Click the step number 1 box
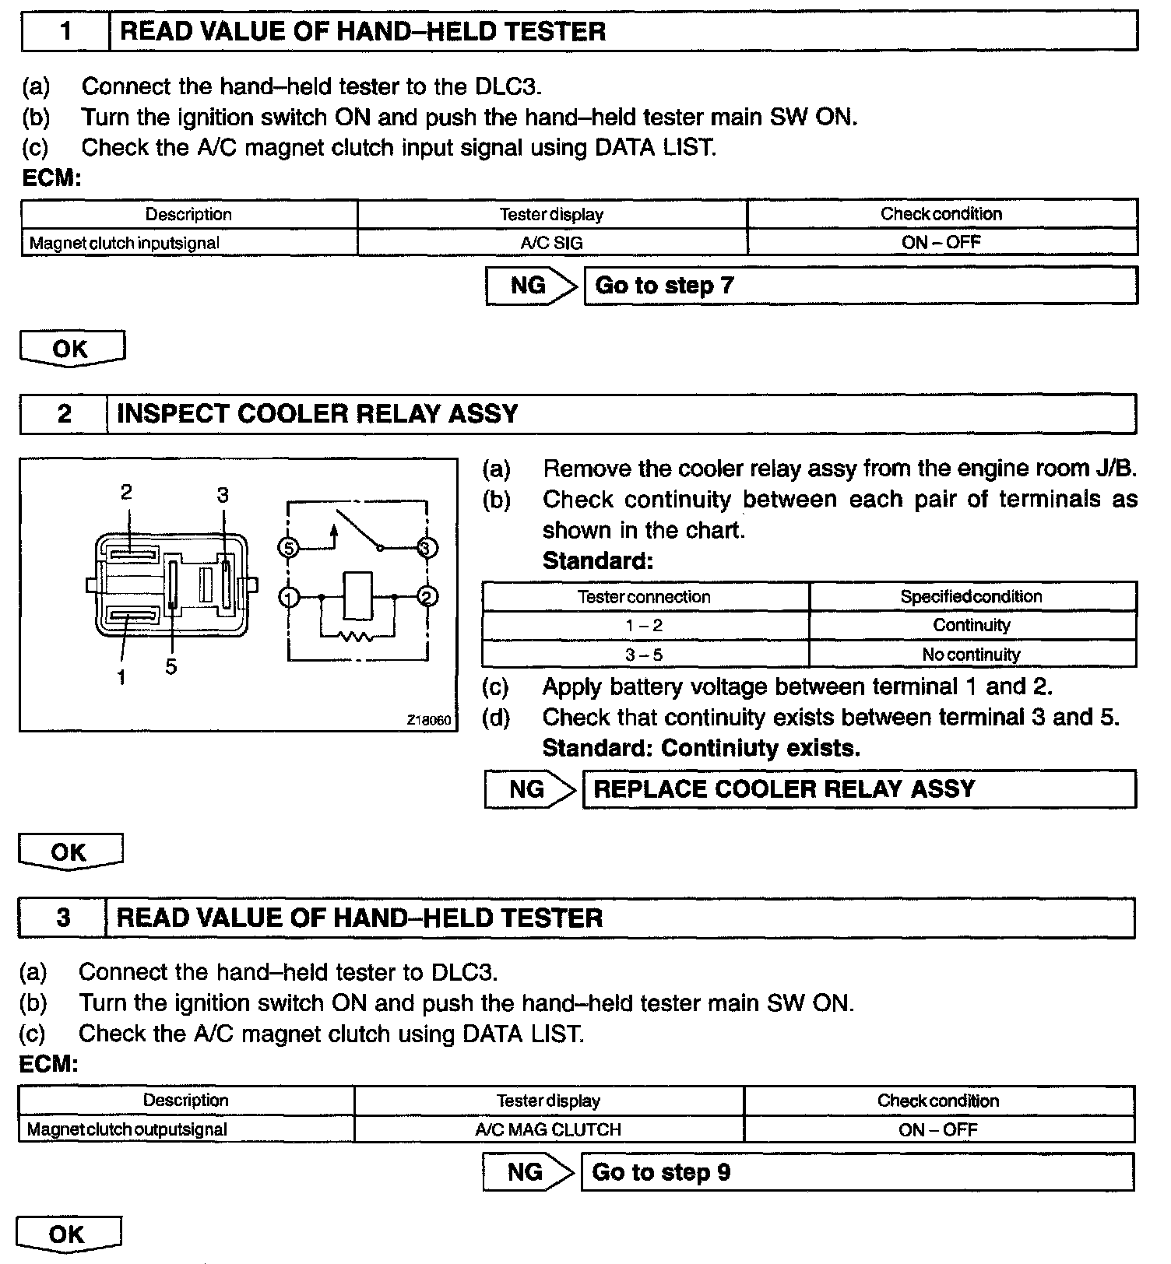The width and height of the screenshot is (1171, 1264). point(65,32)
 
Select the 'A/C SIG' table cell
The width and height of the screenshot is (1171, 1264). point(551,243)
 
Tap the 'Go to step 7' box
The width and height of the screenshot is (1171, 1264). point(860,286)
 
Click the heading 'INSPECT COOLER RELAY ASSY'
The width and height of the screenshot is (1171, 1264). point(317,413)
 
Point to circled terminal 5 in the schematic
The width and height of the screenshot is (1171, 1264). point(288,548)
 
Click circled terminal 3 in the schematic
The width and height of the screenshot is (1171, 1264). point(425,548)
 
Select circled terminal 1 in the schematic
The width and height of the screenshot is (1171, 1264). point(289,598)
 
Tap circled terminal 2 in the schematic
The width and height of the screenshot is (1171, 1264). point(427,597)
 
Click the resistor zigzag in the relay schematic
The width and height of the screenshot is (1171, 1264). point(357,637)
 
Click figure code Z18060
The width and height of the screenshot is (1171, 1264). point(428,720)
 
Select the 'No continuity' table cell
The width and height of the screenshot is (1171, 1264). point(971,655)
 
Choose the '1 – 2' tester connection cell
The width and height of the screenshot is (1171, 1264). point(644,626)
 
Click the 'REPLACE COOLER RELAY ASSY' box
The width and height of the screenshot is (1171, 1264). point(858,789)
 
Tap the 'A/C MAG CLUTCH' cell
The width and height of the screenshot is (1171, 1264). point(548,1129)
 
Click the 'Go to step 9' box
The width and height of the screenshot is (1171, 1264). point(856,1172)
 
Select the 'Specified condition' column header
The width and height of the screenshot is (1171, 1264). point(971,597)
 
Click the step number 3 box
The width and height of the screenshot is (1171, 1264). point(63,918)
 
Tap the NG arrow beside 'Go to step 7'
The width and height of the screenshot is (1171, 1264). point(532,286)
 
